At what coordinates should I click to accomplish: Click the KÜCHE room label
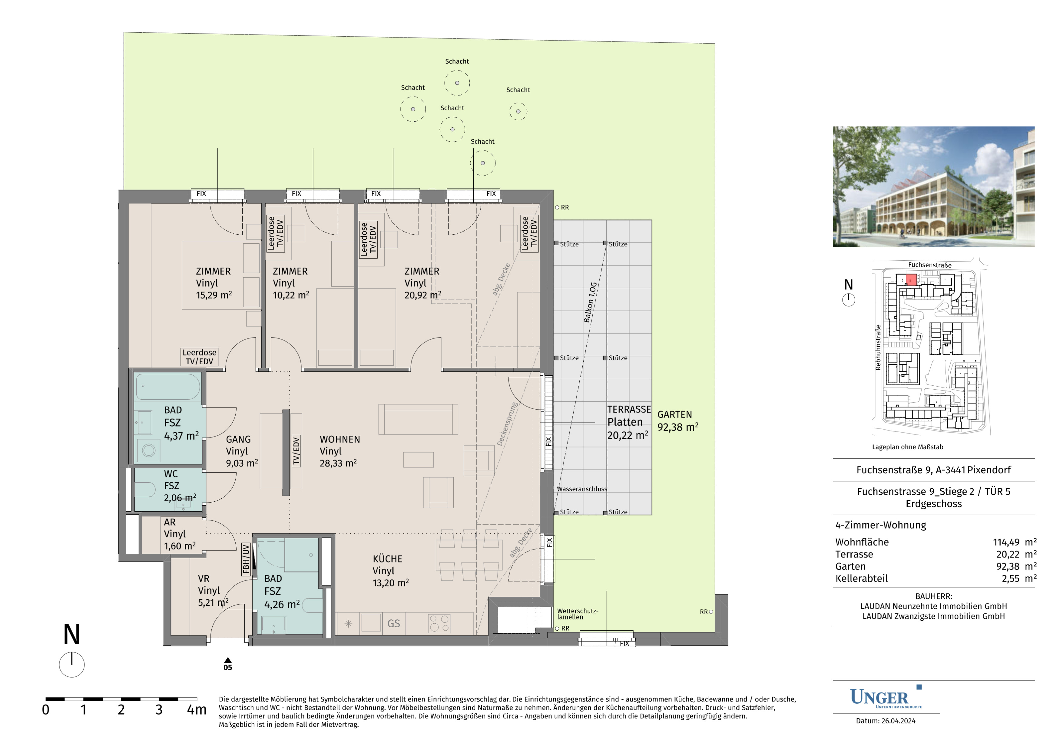pyautogui.click(x=387, y=559)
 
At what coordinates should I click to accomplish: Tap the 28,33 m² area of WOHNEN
pyautogui.click(x=338, y=463)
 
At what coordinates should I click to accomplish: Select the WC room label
pyautogui.click(x=171, y=474)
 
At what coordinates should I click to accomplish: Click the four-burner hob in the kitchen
pyautogui.click(x=439, y=623)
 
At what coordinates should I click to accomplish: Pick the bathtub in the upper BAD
pyautogui.click(x=168, y=387)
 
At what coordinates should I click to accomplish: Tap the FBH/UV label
pyautogui.click(x=246, y=559)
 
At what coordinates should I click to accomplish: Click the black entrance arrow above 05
pyautogui.click(x=228, y=660)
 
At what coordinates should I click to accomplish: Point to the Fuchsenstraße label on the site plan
pyautogui.click(x=930, y=265)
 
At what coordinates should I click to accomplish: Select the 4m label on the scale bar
pyautogui.click(x=197, y=710)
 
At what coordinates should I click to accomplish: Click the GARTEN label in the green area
pyautogui.click(x=674, y=414)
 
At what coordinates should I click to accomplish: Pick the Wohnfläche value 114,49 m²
pyautogui.click(x=1015, y=542)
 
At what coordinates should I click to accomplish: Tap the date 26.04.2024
pyautogui.click(x=898, y=721)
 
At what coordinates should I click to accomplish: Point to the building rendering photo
pyautogui.click(x=933, y=186)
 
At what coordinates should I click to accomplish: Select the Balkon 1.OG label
pyautogui.click(x=590, y=302)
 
